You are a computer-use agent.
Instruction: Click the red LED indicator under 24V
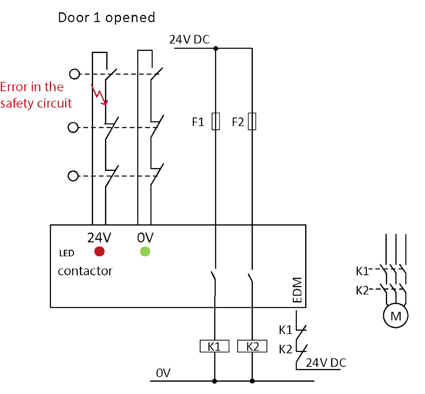coord(99,251)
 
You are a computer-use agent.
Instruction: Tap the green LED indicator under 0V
coord(145,251)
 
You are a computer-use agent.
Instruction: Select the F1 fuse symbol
coord(216,121)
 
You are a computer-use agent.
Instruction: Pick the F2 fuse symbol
coord(252,121)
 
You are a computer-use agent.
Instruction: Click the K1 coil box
coord(214,346)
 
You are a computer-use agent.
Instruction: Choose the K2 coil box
coord(252,346)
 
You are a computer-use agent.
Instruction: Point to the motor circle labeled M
coord(395,316)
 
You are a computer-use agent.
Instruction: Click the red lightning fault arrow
coord(99,95)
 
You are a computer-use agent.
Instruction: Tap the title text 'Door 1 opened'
coord(107,17)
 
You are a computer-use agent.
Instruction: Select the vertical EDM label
coord(297,290)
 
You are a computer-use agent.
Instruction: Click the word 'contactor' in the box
coord(85,271)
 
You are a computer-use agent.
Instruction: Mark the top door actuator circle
coord(74,74)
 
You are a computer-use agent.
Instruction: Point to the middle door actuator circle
coord(73,127)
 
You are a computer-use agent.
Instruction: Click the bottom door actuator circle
coord(73,176)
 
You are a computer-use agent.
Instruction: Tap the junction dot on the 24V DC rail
coord(216,48)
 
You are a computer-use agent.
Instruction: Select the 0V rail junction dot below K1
coord(214,381)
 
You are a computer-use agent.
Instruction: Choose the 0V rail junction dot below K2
coord(252,381)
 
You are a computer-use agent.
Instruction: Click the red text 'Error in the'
coord(32,87)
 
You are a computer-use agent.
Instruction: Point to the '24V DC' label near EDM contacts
coord(326,363)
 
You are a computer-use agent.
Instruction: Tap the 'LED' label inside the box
coord(67,253)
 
